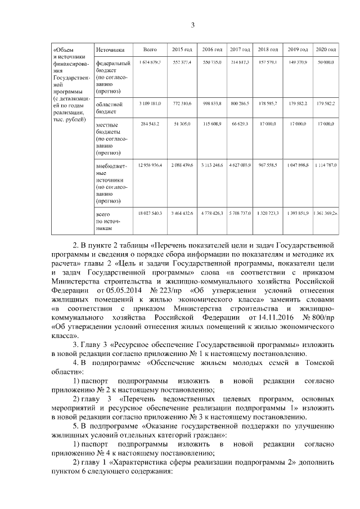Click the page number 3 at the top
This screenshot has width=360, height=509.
click(192, 25)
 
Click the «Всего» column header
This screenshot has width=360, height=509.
click(150, 49)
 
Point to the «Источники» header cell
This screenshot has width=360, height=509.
click(110, 49)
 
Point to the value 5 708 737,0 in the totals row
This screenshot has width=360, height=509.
click(240, 213)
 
